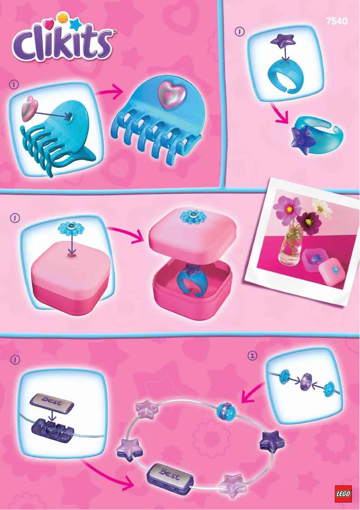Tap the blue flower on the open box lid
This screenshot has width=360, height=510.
(192, 217)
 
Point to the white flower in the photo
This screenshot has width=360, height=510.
(320, 206)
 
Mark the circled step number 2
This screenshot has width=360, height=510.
(253, 356)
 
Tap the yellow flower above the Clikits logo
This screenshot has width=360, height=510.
(62, 19)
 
